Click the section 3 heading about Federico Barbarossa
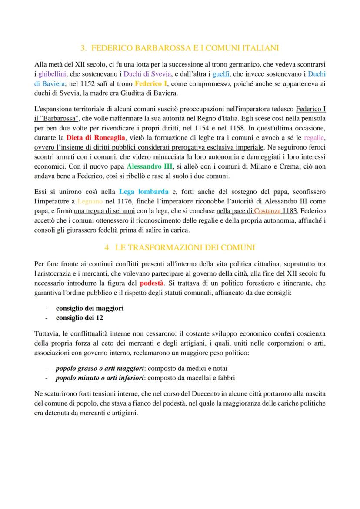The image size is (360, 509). [x=180, y=47]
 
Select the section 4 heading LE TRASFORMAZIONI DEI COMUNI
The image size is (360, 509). [x=180, y=247]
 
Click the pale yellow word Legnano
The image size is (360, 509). [x=90, y=201]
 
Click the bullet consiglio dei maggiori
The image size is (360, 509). [x=90, y=308]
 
